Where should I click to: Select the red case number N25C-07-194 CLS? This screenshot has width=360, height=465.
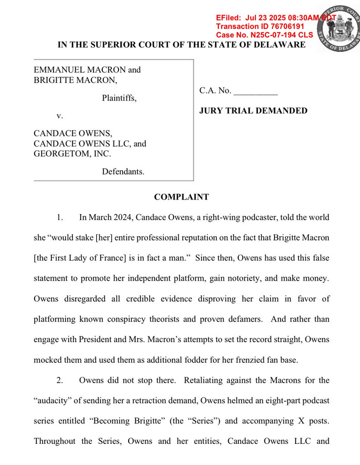[264, 35]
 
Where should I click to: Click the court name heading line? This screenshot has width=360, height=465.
[181, 44]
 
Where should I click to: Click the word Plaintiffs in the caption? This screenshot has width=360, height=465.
[119, 98]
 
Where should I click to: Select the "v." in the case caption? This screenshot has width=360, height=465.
[60, 116]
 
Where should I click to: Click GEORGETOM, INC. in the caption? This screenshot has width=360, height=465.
[72, 154]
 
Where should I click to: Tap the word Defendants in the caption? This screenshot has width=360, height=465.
[123, 171]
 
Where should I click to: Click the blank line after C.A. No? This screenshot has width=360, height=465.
[256, 90]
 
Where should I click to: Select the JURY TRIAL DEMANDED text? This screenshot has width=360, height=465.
[254, 111]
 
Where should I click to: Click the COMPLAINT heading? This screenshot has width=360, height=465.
[181, 197]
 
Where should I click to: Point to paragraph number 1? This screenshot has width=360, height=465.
[60, 217]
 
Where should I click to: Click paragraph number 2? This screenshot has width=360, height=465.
[60, 380]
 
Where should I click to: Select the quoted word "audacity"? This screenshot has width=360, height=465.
[56, 401]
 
